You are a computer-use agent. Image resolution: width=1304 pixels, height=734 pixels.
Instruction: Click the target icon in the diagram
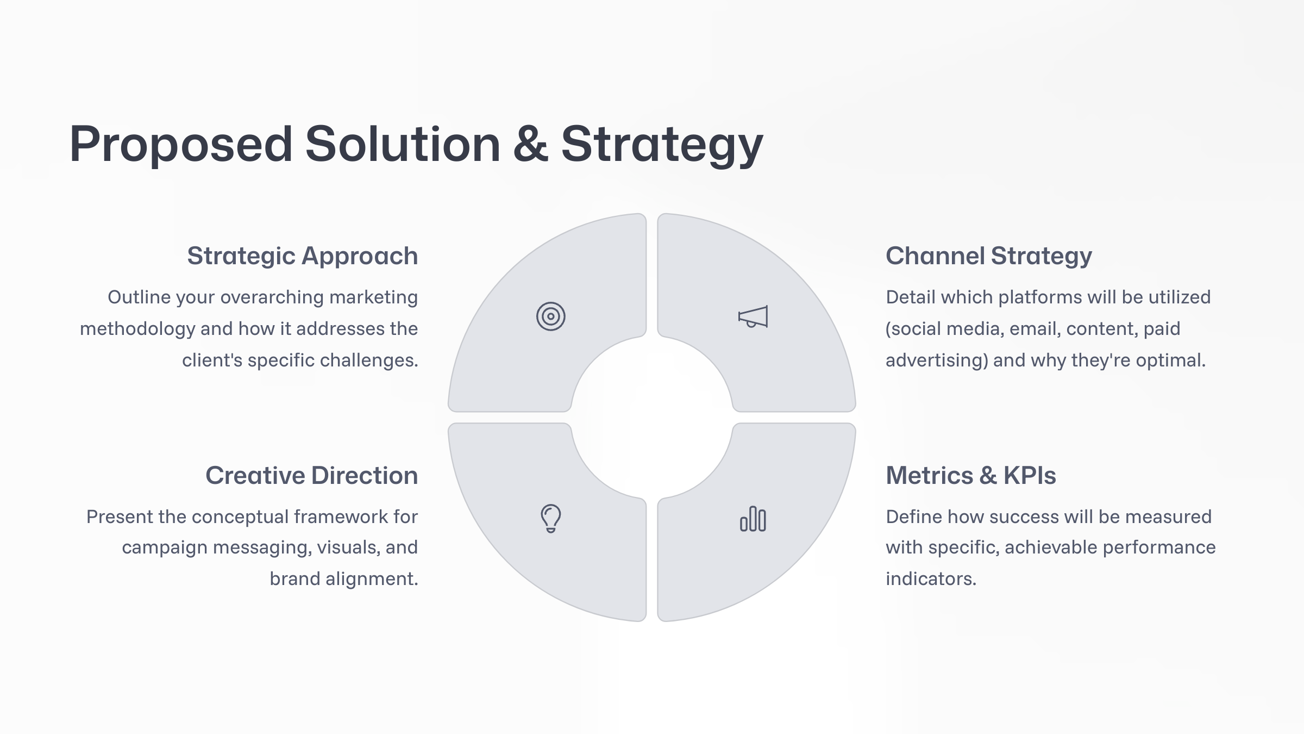(550, 316)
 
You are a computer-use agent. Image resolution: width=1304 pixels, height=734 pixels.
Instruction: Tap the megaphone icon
(753, 316)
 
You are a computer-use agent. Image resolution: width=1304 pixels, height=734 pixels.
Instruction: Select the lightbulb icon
(550, 518)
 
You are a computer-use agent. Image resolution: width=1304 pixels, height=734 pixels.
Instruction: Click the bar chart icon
(753, 519)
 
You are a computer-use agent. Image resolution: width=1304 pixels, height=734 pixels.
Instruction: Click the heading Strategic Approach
(302, 256)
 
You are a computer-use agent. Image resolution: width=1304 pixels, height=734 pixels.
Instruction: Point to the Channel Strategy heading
(988, 256)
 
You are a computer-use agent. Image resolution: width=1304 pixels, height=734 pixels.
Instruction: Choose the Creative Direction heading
(311, 476)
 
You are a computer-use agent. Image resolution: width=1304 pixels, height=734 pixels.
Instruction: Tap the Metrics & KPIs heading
(970, 476)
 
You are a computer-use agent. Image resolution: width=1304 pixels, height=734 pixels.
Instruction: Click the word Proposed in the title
(181, 145)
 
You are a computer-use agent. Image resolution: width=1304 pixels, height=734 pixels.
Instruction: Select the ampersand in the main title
(530, 145)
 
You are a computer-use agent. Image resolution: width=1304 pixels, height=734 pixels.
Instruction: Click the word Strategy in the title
(662, 145)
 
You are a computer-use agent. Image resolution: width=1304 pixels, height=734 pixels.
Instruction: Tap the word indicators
(931, 579)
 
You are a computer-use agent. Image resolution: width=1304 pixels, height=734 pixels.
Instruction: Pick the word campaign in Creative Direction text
(164, 548)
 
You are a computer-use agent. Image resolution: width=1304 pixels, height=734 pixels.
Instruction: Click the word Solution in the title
(402, 145)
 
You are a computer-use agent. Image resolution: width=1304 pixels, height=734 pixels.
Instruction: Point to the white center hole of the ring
(652, 418)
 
